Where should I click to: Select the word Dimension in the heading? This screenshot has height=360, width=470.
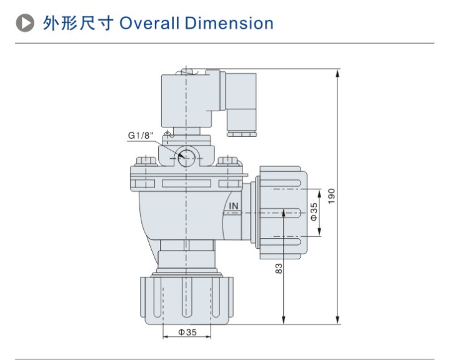230,24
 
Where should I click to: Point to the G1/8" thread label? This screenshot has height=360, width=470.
139,136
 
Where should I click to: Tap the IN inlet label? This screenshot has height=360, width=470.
234,206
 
